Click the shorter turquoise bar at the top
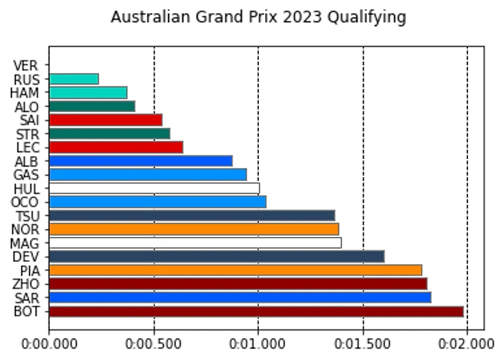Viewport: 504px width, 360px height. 74,79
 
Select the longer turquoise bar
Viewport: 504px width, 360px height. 88,93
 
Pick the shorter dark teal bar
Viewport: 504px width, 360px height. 92,106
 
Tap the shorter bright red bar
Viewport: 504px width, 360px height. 106,120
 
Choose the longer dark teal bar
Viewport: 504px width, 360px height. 110,133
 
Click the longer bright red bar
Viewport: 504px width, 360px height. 116,147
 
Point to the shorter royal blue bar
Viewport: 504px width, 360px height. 141,161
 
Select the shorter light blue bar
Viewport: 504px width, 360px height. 148,174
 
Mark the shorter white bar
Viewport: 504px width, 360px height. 155,188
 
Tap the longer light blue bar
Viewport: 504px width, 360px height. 157,202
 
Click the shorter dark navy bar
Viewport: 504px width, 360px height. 192,216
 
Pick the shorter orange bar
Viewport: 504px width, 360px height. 194,229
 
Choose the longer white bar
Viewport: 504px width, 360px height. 195,243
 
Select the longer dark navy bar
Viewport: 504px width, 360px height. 217,256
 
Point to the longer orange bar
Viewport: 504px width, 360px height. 235,270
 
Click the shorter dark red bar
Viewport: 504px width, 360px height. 238,283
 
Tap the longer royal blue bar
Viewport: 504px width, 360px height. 240,297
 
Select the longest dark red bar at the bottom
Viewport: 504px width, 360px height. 256,311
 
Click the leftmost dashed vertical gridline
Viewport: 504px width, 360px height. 154,62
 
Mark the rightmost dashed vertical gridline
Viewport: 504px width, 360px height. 467,62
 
